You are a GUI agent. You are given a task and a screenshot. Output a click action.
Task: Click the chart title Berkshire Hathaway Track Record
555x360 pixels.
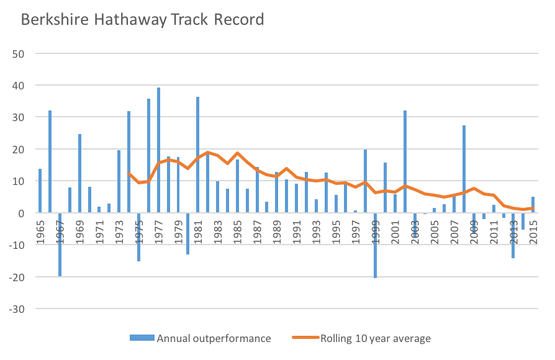(x=142, y=19)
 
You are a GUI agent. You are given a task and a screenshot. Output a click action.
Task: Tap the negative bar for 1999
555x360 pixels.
(x=375, y=245)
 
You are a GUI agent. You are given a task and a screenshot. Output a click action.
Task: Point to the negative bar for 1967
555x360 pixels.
(x=60, y=244)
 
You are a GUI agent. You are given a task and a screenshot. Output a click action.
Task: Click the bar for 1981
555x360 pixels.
(x=197, y=155)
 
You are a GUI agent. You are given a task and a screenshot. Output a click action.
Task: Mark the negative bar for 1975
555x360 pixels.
(x=139, y=236)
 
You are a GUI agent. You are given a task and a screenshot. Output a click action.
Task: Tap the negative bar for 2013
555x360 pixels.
(x=513, y=235)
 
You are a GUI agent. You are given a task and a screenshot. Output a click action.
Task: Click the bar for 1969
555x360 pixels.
(x=80, y=173)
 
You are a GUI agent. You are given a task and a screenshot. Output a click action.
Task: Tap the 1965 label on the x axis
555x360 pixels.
(x=40, y=232)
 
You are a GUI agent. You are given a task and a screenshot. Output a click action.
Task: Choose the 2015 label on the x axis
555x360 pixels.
(x=533, y=232)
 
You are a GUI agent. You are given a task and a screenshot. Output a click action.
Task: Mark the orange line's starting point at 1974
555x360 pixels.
(x=129, y=174)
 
